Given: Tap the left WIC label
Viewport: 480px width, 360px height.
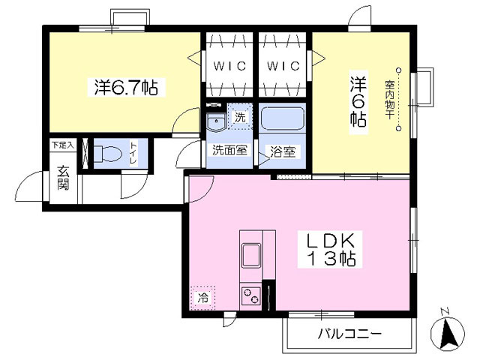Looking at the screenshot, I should pyautogui.click(x=229, y=65).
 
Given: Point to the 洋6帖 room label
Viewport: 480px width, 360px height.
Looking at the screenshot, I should pyautogui.click(x=358, y=99).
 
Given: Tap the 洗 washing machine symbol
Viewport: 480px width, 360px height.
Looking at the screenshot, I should pyautogui.click(x=240, y=116).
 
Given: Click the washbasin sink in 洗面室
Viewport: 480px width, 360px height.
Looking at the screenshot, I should pyautogui.click(x=217, y=121).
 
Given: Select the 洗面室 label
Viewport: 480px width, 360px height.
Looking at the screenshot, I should pyautogui.click(x=229, y=150).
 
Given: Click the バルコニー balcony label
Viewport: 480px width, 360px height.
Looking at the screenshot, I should pyautogui.click(x=349, y=334).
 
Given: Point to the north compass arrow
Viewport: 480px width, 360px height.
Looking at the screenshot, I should pyautogui.click(x=449, y=332).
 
